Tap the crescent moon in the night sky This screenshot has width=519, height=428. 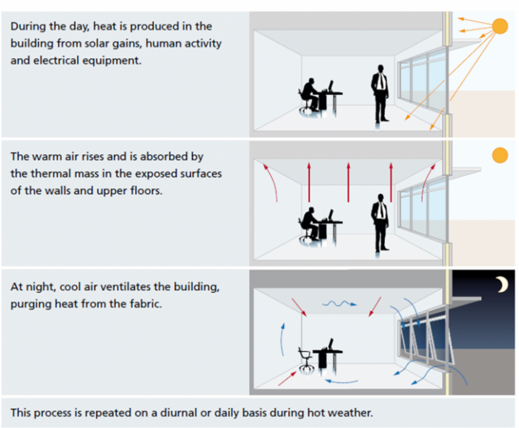coord(502,284)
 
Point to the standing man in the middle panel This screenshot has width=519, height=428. coord(380,221)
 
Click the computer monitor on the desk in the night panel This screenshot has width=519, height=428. coord(331,344)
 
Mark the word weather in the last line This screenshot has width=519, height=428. coord(348,412)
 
